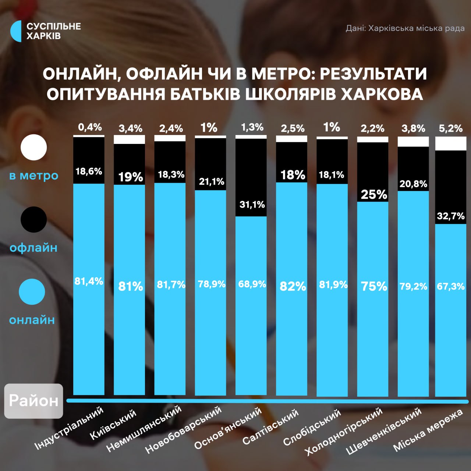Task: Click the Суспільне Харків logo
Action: (x=45, y=31)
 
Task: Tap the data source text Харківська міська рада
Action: (x=405, y=28)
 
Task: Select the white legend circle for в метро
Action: (x=34, y=147)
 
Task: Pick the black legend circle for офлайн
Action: (x=34, y=219)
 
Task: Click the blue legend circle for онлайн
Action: (x=32, y=291)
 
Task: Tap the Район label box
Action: (x=33, y=401)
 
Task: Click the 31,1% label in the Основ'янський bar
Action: (x=252, y=205)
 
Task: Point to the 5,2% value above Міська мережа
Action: (x=450, y=128)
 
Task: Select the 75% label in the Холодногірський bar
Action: (x=374, y=286)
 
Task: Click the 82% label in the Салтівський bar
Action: (x=293, y=286)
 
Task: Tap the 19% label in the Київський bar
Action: (x=130, y=177)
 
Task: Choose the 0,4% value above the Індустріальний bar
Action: (x=90, y=127)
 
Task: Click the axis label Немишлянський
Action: (x=144, y=429)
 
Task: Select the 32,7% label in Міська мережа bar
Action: (x=450, y=216)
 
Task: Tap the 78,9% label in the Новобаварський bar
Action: (x=212, y=284)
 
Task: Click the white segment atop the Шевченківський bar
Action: (x=413, y=142)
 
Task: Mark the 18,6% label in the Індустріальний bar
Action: (x=89, y=171)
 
